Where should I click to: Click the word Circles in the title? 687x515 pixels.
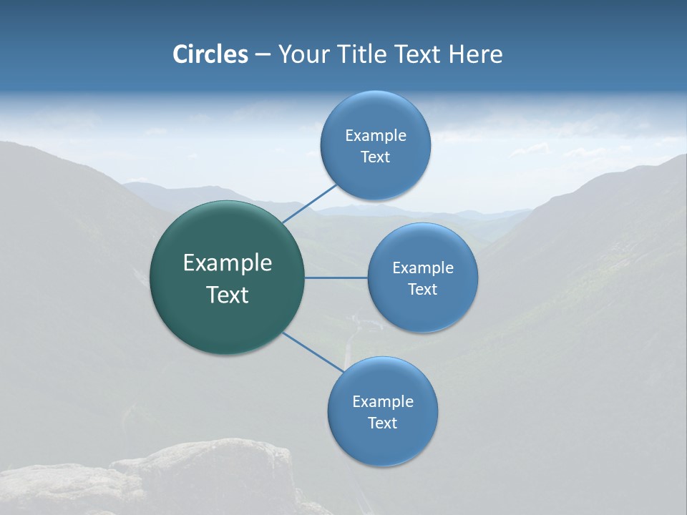(210, 54)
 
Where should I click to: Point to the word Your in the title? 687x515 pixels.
(303, 54)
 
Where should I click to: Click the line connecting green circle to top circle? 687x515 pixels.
(310, 202)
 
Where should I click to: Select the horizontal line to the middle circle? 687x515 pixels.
(336, 278)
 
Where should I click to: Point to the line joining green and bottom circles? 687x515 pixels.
(313, 351)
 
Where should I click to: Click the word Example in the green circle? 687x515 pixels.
(228, 263)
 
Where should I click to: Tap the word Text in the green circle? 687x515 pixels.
(228, 295)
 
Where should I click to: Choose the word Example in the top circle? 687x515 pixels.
(376, 136)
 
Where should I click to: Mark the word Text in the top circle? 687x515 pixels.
(375, 157)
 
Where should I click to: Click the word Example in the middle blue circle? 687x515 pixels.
(423, 268)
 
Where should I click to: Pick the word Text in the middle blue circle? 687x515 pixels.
(422, 290)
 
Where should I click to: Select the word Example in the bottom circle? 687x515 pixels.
(383, 402)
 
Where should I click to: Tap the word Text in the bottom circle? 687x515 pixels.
(382, 423)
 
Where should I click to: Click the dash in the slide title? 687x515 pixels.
(263, 55)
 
